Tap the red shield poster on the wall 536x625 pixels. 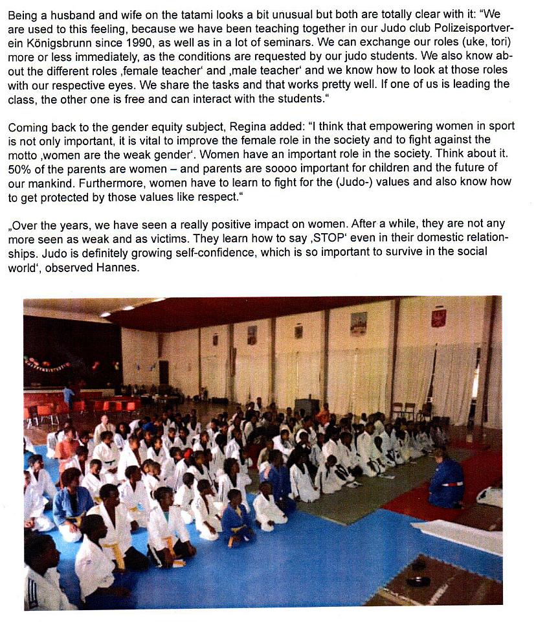[439, 318]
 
